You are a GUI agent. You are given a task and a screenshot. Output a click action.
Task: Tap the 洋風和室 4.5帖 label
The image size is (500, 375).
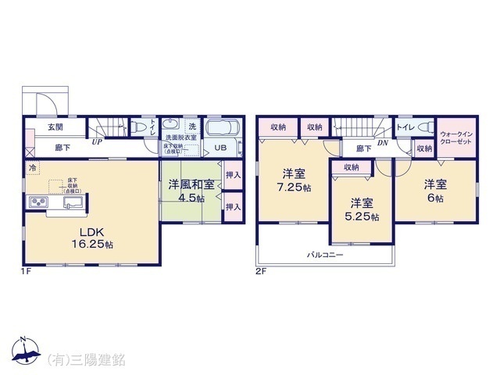pyautogui.click(x=191, y=191)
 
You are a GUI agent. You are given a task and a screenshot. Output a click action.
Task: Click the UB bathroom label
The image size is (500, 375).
pyautogui.click(x=221, y=148)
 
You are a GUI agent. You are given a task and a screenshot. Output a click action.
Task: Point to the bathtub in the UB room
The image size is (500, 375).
pyautogui.click(x=224, y=128)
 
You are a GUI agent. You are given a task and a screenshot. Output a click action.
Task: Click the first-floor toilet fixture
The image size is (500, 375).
pyautogui.click(x=137, y=126)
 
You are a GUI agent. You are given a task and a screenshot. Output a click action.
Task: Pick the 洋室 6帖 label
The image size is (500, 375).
pyautogui.click(x=434, y=191)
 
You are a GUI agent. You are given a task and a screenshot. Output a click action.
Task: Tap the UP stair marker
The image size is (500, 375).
pyautogui.click(x=97, y=143)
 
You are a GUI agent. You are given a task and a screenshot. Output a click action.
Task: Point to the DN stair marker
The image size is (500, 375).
pyautogui.click(x=383, y=143)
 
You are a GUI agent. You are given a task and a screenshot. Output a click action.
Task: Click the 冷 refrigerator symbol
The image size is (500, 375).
pyautogui.click(x=32, y=168)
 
